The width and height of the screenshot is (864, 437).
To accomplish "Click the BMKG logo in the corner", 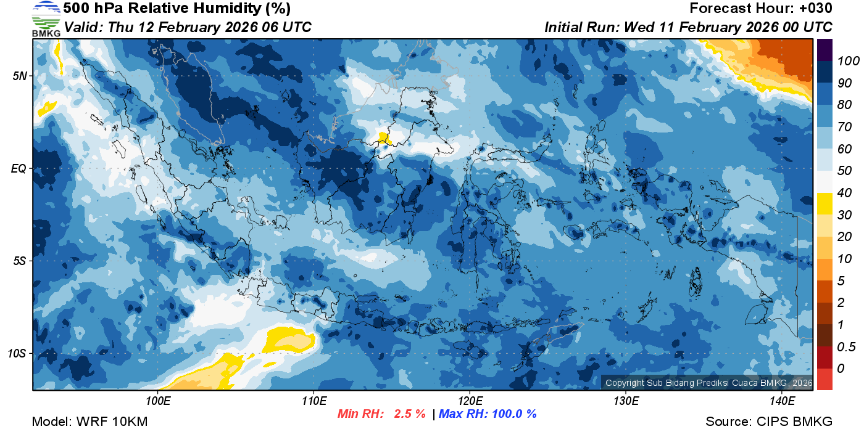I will click(x=46, y=19).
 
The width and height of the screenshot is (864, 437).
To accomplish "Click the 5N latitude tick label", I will click(x=19, y=76).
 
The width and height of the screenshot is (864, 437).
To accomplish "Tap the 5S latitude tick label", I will click(x=19, y=261).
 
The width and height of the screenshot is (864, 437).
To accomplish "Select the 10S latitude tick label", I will click(x=17, y=353).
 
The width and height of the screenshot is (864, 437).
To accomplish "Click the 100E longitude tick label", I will click(x=158, y=401).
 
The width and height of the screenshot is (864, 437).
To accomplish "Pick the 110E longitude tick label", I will click(x=314, y=401).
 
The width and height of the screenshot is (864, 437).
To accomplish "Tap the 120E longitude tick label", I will click(x=470, y=401).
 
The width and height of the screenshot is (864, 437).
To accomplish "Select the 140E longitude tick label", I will click(x=781, y=401).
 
